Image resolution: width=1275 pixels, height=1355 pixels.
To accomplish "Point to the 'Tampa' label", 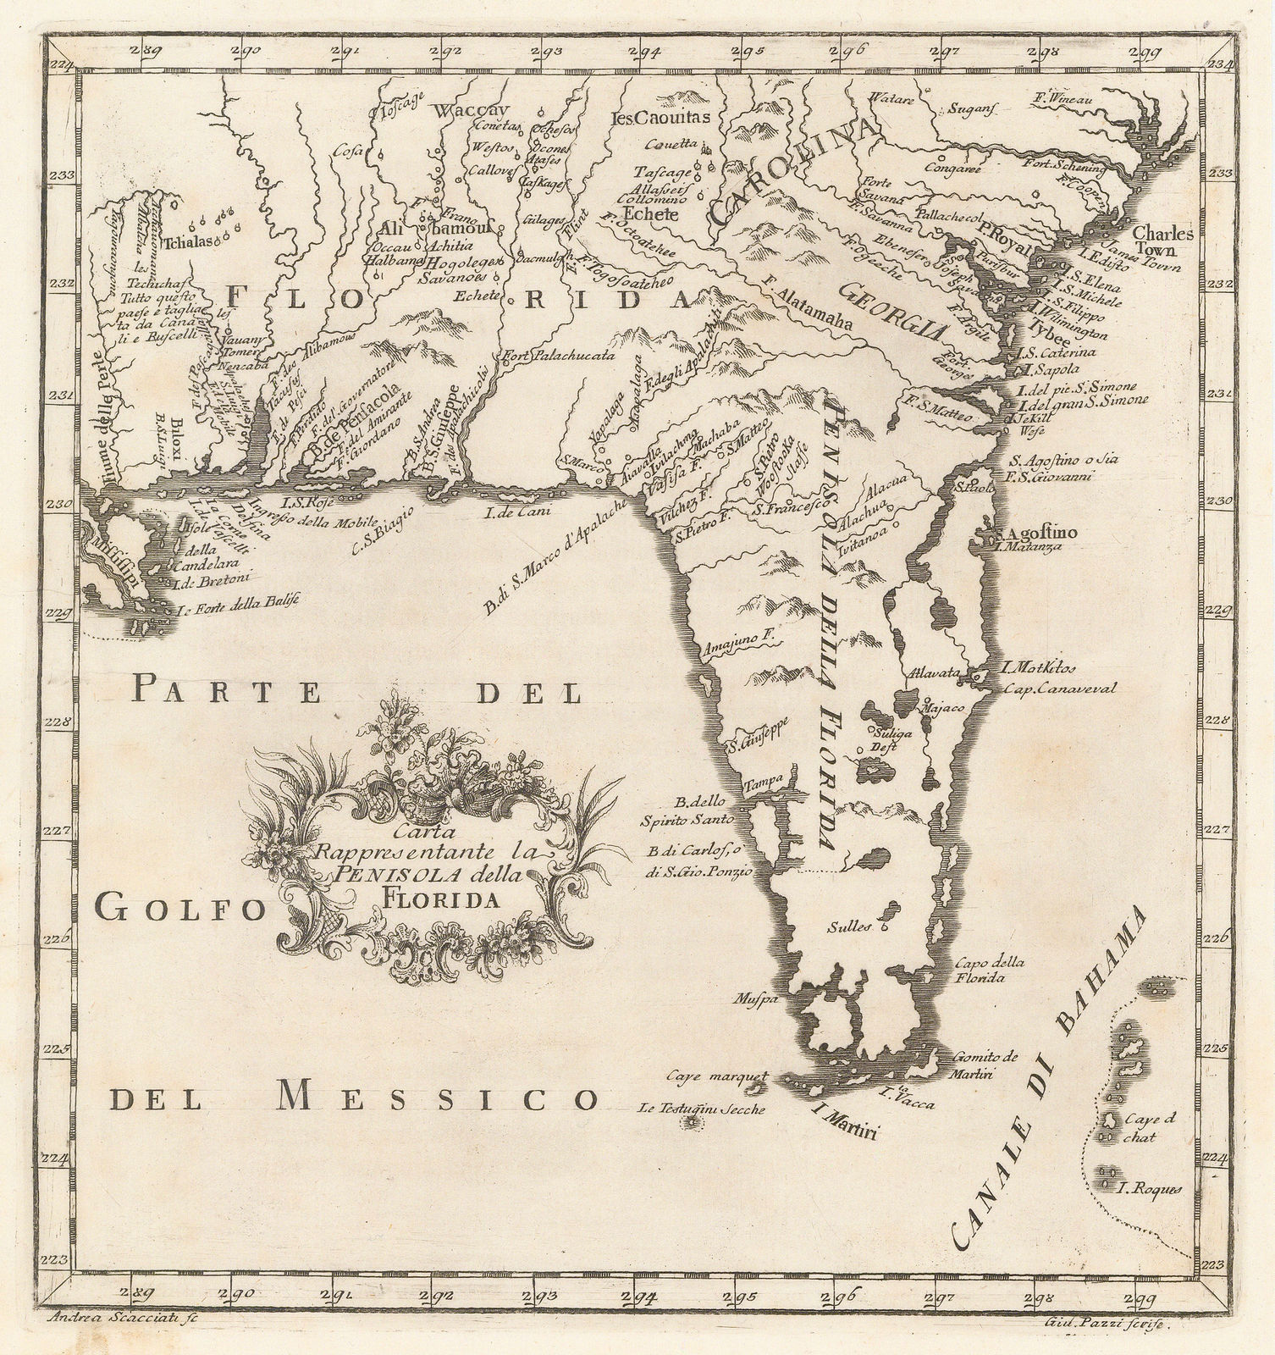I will click(x=760, y=783).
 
